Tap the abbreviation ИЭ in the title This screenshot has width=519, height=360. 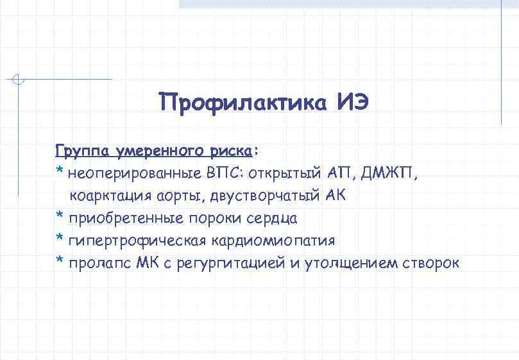(x=352, y=102)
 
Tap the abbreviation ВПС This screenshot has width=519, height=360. (x=225, y=173)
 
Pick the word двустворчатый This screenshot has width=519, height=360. (x=265, y=196)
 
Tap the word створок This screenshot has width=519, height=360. (x=431, y=263)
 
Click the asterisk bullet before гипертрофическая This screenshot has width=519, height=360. (x=60, y=239)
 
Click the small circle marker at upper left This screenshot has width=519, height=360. (x=19, y=80)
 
